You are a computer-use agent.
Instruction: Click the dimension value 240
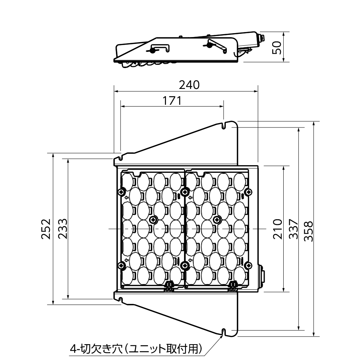tap(189, 85)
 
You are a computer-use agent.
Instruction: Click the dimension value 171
tap(172, 100)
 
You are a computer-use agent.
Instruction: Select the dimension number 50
tap(276, 48)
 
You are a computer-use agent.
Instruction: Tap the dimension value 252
tap(46, 229)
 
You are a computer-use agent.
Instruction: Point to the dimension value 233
tap(63, 229)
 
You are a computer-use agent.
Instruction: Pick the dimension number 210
tap(278, 229)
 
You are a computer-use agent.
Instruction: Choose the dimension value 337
tap(293, 229)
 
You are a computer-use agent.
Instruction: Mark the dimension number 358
tap(309, 231)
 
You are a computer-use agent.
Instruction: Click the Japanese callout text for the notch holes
tap(136, 349)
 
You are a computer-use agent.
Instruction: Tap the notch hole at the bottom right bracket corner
tap(224, 332)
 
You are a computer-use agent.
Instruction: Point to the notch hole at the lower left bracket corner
tap(121, 300)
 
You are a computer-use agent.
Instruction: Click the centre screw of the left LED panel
tap(153, 220)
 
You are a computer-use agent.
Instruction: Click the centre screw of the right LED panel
tap(217, 220)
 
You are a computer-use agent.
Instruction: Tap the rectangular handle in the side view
tap(160, 46)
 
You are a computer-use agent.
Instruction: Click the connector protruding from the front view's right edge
tap(261, 276)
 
